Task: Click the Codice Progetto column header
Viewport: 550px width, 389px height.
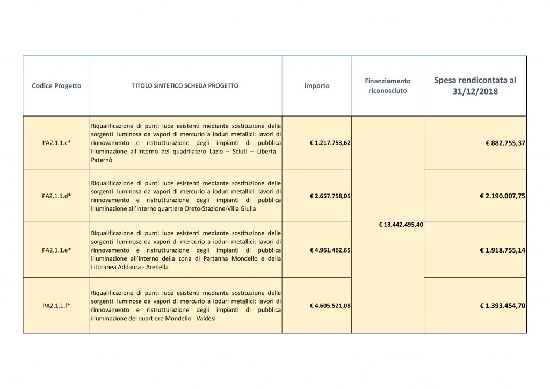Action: coord(56,85)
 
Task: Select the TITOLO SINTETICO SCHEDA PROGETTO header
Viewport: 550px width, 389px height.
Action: coord(185,85)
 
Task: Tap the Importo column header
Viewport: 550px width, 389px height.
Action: coord(317,86)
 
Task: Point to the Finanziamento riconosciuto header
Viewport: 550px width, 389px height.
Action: coord(388,86)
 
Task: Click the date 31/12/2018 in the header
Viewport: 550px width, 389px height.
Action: coord(475,92)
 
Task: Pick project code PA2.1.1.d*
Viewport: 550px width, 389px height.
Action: coord(56,196)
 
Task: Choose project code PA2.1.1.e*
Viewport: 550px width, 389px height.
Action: coord(56,250)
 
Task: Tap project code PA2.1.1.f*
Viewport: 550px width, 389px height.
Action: coord(56,306)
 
